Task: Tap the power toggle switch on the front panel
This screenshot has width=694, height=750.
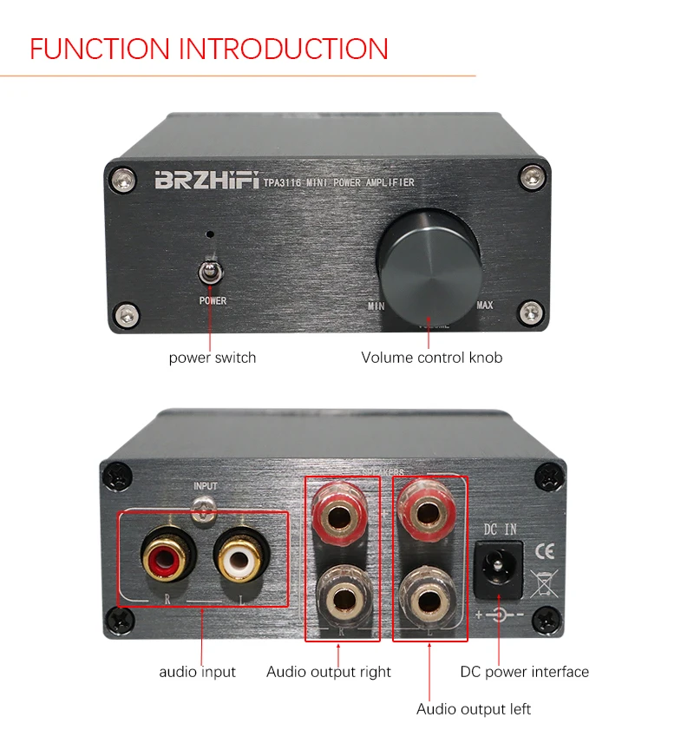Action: [x=209, y=273]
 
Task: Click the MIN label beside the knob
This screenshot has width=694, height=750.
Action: [x=375, y=306]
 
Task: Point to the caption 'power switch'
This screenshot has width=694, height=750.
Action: [x=212, y=358]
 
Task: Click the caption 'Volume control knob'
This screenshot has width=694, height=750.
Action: [x=431, y=358]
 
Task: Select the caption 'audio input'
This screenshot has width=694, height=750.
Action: [x=197, y=672]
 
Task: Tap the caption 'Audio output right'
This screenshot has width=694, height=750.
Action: [x=328, y=672]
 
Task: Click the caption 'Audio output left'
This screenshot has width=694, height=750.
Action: [x=473, y=709]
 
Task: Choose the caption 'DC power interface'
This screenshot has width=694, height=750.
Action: [x=524, y=672]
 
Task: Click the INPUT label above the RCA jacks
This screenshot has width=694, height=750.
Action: [x=206, y=487]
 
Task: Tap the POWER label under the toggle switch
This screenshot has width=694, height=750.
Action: [x=212, y=301]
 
